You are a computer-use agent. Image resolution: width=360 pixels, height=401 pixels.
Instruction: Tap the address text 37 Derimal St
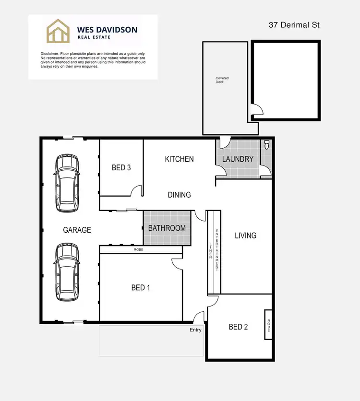pos(294,24)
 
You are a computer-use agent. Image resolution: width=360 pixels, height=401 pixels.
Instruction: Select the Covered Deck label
pos(222,80)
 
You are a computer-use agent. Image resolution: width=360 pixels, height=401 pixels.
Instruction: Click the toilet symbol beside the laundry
pos(266,145)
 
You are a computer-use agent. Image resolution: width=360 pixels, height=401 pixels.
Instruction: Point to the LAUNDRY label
pos(238,159)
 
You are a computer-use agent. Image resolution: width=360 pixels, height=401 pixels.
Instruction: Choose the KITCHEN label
pos(179,159)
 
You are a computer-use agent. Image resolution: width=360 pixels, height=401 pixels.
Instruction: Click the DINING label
pos(179,195)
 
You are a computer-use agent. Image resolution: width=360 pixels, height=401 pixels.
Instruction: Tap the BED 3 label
pos(121,167)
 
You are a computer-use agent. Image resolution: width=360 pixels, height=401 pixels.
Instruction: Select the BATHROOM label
pos(167,228)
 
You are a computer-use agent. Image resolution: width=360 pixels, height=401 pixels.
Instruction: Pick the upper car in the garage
pos(67,183)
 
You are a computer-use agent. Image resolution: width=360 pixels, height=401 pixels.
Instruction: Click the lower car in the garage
pos(67,272)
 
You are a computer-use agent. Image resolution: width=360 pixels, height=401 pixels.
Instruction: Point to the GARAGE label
pos(77,230)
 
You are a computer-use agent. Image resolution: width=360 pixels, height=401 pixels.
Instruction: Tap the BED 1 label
pos(141,287)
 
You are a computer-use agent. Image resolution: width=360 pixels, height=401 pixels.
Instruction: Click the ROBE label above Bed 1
pos(138,250)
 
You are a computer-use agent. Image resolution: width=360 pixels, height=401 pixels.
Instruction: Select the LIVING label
pos(245,236)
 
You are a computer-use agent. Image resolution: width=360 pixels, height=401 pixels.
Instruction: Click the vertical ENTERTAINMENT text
pos(217,250)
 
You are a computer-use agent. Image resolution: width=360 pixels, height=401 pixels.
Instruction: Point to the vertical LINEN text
pos(210,250)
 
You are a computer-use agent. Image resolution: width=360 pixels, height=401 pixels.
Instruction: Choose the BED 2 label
pos(238,327)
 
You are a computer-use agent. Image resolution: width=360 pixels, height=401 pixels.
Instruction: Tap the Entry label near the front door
pos(195,330)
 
